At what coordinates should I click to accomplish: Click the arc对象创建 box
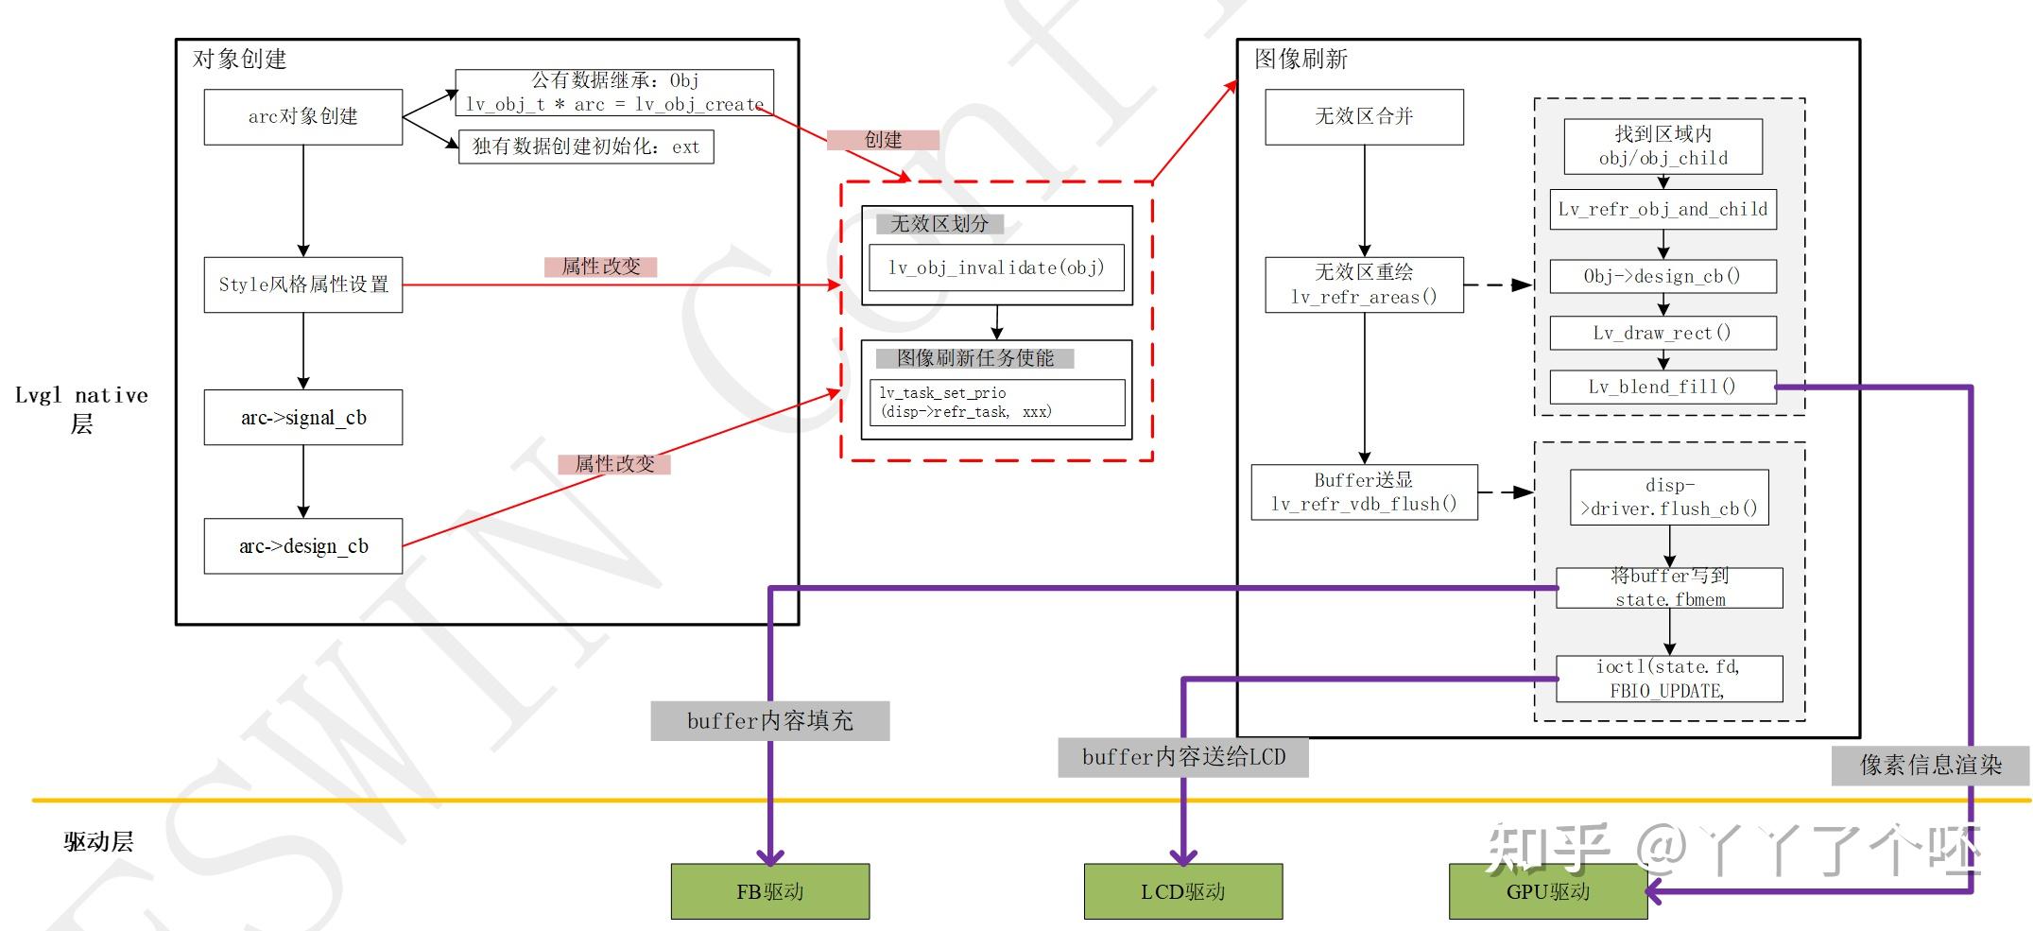pos(302,116)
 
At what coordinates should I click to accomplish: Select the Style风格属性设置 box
pos(302,284)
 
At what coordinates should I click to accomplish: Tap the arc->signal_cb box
pos(302,417)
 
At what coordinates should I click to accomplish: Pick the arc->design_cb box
pos(302,545)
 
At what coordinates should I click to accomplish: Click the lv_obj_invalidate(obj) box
pos(996,268)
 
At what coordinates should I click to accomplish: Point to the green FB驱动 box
pos(769,891)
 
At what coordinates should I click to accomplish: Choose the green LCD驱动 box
pos(1182,891)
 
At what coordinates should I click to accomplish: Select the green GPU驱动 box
pos(1547,891)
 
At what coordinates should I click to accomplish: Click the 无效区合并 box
pos(1364,116)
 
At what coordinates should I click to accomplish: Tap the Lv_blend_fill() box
pos(1663,387)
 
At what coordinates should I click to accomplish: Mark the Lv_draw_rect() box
pos(1663,333)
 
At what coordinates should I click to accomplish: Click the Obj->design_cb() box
pos(1663,276)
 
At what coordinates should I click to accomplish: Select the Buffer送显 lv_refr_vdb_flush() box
pos(1364,491)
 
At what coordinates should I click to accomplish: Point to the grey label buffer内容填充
pos(769,721)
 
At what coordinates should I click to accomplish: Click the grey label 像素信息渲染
pos(1930,765)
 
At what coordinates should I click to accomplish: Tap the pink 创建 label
pos(883,140)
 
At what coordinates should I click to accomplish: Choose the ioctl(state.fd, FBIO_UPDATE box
pos(1669,679)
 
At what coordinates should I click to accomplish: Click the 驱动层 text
pos(98,841)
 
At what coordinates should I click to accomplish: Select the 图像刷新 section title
pos(1301,60)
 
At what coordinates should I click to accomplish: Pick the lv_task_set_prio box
pos(996,403)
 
